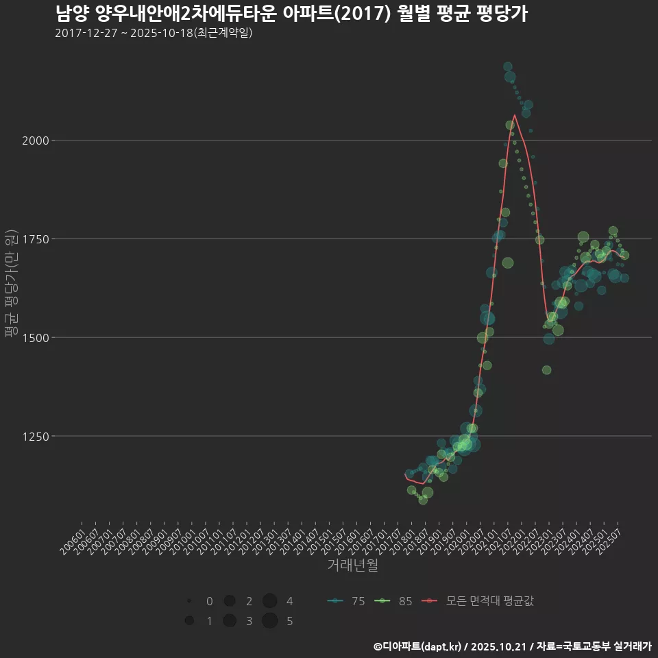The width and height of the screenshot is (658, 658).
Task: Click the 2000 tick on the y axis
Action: click(37, 141)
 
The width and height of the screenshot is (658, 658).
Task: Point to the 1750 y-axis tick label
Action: click(37, 239)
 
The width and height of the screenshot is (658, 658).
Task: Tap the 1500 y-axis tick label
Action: click(37, 337)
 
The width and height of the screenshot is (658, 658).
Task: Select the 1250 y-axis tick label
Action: click(37, 436)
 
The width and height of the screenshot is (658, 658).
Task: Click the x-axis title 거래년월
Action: click(352, 565)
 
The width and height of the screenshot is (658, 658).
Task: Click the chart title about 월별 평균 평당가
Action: click(291, 14)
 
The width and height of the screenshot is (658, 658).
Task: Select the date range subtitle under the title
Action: click(154, 33)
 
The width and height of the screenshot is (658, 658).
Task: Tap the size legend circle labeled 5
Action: click(269, 621)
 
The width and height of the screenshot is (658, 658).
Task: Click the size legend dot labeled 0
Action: click(188, 601)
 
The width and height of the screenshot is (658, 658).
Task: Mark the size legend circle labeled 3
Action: click(230, 621)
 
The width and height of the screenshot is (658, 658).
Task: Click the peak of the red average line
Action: click(515, 115)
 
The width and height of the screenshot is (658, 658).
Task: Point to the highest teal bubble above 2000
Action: click(508, 66)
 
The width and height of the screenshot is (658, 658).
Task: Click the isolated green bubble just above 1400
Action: click(546, 370)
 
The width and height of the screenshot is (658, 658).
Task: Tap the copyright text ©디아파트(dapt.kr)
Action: click(418, 646)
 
